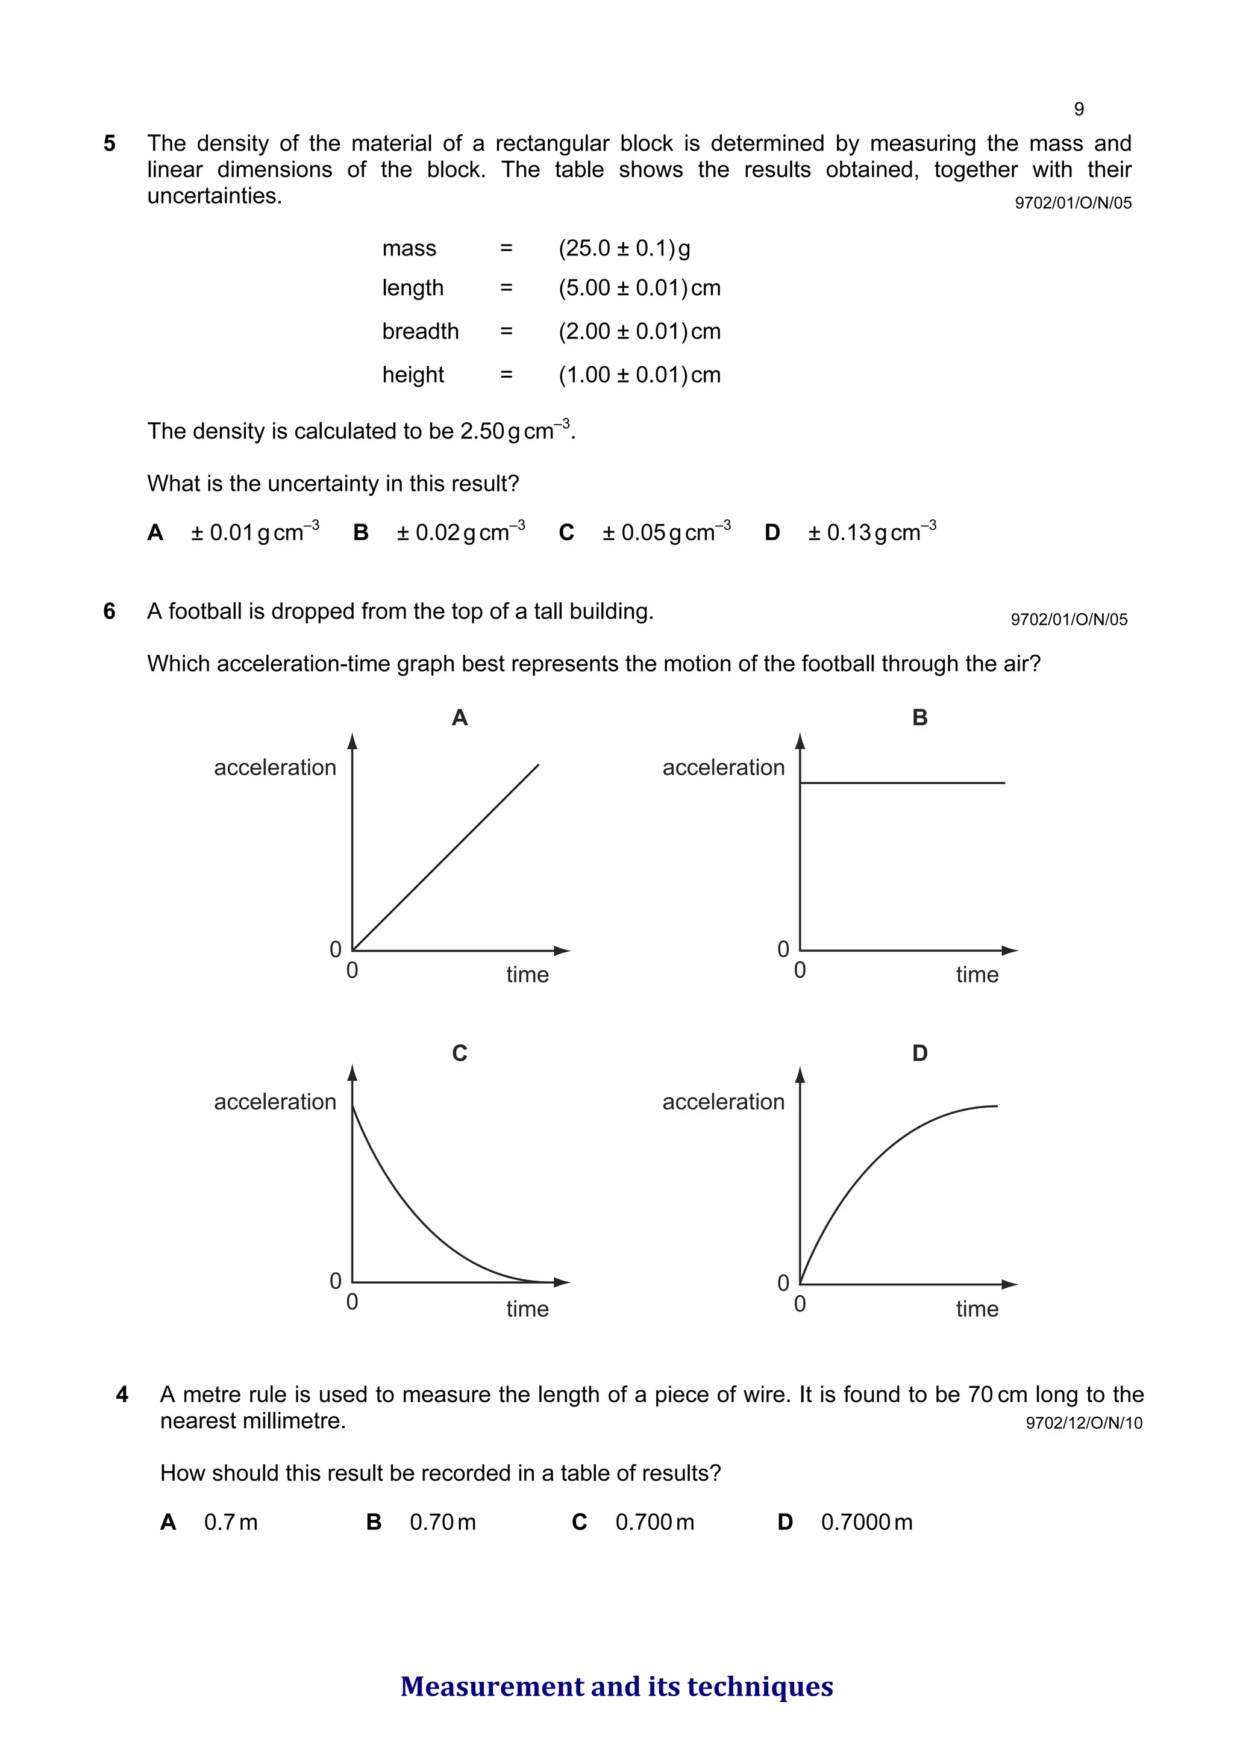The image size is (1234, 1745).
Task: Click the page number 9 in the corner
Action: pyautogui.click(x=1078, y=110)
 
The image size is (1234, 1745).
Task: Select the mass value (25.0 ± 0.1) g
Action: pyautogui.click(x=624, y=249)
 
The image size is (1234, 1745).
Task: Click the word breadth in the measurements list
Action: pyautogui.click(x=420, y=331)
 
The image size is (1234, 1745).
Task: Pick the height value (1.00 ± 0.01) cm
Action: pyautogui.click(x=639, y=375)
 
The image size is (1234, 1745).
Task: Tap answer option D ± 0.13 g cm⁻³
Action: pyautogui.click(x=871, y=532)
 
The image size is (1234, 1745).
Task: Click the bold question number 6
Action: pyautogui.click(x=110, y=611)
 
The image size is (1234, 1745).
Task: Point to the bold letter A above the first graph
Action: pyautogui.click(x=459, y=717)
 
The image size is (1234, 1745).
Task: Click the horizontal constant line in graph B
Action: pyautogui.click(x=902, y=782)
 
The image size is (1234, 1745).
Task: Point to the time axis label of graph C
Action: pyautogui.click(x=527, y=1309)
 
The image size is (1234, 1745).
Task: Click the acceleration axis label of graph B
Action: pyautogui.click(x=723, y=767)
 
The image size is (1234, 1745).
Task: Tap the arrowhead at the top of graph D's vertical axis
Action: pyautogui.click(x=799, y=1075)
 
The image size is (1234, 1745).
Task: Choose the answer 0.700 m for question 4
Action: pyautogui.click(x=654, y=1522)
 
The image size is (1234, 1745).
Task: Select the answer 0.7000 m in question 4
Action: pyautogui.click(x=866, y=1522)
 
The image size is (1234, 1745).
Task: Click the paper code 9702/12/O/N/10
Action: pyautogui.click(x=1083, y=1423)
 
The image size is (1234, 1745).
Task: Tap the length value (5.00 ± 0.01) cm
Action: pyautogui.click(x=639, y=288)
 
